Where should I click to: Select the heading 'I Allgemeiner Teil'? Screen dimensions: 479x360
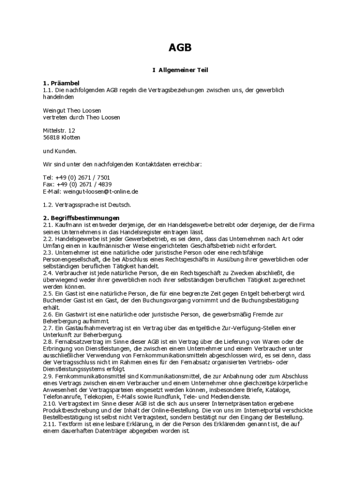[x=180, y=70]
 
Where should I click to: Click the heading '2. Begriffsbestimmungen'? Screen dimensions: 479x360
[x=81, y=218]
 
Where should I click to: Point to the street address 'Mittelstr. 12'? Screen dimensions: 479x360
[x=58, y=131]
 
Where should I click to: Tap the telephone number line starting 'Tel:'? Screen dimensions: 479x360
[x=76, y=178]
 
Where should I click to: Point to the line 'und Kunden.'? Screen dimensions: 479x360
[x=59, y=151]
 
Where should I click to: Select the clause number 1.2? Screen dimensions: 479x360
[x=48, y=205]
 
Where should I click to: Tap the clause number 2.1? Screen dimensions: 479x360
[x=48, y=225]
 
